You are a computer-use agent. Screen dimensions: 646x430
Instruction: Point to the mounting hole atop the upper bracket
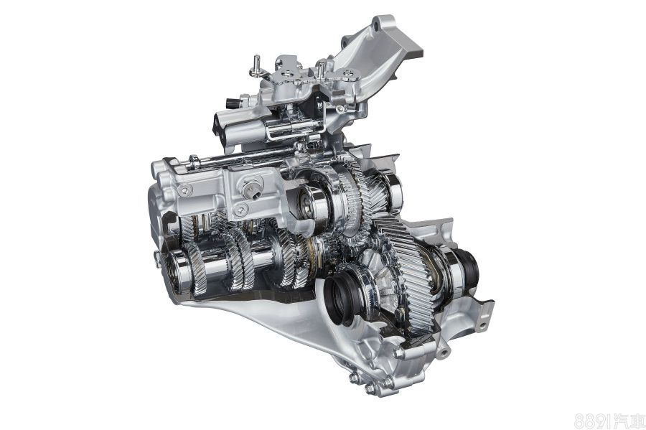(x=375, y=27)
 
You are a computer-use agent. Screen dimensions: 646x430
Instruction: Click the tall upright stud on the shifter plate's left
(x=256, y=66)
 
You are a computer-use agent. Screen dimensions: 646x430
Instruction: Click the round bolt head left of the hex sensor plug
(x=184, y=190)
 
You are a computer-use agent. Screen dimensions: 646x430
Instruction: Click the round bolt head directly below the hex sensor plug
(x=240, y=210)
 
